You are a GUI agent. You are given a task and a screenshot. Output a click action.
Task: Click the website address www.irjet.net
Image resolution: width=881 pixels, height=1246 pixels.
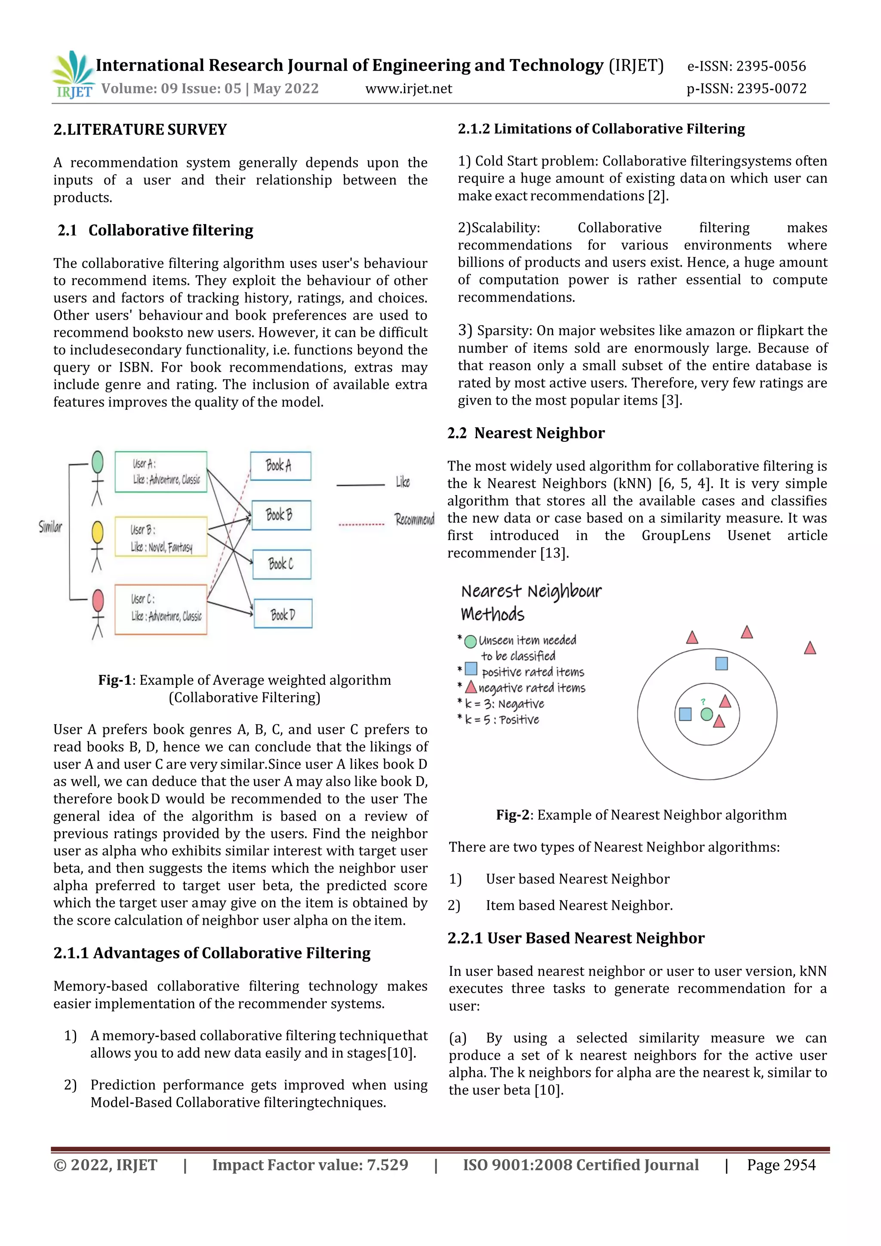click(408, 89)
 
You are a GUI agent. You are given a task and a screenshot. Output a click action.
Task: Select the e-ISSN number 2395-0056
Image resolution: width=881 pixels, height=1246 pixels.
click(771, 66)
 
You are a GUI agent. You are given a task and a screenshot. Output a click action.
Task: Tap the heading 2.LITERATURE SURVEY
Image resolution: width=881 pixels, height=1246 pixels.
click(140, 130)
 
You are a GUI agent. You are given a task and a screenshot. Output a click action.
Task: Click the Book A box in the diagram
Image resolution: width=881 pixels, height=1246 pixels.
click(280, 466)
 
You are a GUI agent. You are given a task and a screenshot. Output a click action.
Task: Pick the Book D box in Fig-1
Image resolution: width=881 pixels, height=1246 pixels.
click(283, 614)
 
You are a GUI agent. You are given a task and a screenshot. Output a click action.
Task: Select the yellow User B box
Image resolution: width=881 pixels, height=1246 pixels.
click(161, 537)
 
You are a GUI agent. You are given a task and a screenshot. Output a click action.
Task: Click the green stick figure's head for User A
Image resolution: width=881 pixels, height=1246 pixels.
click(98, 462)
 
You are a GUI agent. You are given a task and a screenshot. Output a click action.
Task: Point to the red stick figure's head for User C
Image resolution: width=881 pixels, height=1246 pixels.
click(98, 601)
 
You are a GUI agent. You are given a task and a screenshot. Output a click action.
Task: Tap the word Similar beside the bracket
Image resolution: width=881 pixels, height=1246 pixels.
click(50, 526)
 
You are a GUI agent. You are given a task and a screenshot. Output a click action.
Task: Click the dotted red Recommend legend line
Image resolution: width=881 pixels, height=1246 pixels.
click(361, 525)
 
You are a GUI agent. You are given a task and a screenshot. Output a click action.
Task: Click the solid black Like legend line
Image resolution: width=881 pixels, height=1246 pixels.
click(360, 485)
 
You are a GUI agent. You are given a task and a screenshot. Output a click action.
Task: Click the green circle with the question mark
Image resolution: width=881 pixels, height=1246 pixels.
click(706, 714)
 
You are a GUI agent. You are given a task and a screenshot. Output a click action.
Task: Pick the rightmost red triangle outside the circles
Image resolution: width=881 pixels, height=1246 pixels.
click(810, 648)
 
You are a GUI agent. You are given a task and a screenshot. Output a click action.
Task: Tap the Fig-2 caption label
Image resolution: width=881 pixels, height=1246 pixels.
click(512, 815)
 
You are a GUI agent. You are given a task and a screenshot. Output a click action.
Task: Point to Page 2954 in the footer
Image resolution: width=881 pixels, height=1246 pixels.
click(781, 1165)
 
